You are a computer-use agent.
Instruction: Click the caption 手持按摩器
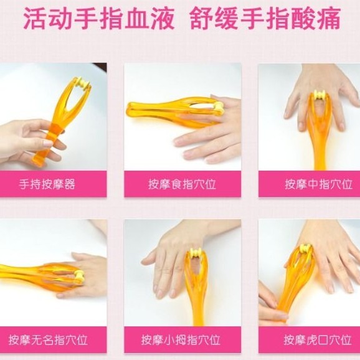click(x=47, y=184)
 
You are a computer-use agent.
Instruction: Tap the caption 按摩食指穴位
click(x=182, y=184)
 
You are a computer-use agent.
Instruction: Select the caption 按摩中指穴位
click(x=318, y=184)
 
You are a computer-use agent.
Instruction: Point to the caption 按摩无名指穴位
click(x=48, y=340)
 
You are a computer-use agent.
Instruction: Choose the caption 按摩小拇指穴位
click(x=181, y=340)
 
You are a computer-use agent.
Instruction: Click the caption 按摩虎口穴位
click(x=318, y=340)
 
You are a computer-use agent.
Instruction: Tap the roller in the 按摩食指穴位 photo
click(x=219, y=108)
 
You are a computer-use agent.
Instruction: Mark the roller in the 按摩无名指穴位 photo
click(x=80, y=275)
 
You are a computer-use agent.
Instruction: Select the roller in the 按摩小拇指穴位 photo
click(x=195, y=253)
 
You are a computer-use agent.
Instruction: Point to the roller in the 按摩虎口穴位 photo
click(x=306, y=249)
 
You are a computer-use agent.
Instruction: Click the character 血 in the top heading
click(x=136, y=18)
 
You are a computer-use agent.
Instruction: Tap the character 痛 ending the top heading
click(x=328, y=18)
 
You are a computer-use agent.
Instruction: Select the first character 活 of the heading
click(x=36, y=18)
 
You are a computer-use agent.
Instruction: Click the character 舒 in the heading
click(x=202, y=18)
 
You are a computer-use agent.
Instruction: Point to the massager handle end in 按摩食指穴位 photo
click(x=129, y=110)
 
